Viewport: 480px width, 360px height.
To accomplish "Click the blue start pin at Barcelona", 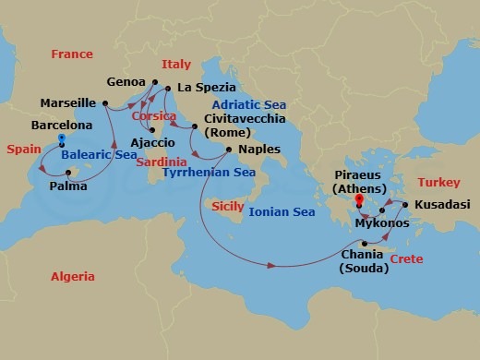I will point(61,141).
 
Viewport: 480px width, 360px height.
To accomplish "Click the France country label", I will point(73,54).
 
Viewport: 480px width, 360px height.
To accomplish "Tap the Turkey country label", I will point(438,182).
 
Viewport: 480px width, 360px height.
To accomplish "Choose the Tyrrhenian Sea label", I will point(209,172).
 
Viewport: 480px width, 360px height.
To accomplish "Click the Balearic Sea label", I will point(101,155).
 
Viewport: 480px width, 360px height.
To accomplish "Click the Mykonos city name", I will point(382,224).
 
